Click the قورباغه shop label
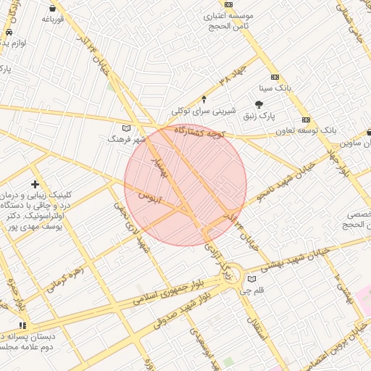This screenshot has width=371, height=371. click(x=54, y=20)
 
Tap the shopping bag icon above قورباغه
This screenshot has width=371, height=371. click(x=53, y=8)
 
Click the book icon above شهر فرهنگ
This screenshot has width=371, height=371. click(x=127, y=128)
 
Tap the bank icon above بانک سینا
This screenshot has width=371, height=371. click(x=275, y=77)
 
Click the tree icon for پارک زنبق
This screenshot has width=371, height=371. click(x=259, y=105)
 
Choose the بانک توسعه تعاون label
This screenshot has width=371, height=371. click(x=307, y=130)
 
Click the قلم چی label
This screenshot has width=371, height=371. click(x=253, y=291)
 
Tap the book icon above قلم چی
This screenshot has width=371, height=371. click(x=251, y=280)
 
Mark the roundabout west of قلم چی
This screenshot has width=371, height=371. click(x=230, y=274)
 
